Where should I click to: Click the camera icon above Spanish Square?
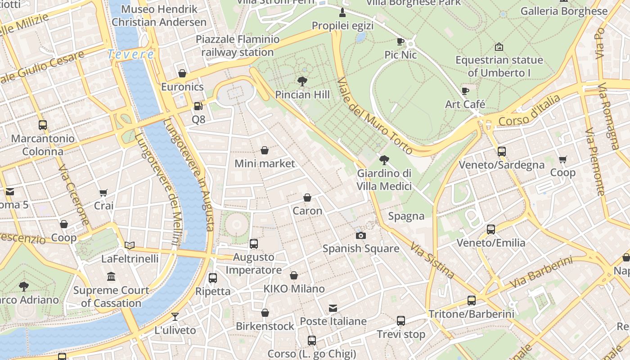360,235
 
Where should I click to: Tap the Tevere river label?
131,55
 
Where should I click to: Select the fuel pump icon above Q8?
198,106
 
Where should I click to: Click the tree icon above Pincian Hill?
302,81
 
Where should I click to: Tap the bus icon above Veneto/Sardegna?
502,152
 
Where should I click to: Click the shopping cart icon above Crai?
103,193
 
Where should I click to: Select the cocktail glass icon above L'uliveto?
175,317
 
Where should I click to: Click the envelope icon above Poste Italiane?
333,308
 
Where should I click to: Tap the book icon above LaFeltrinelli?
130,245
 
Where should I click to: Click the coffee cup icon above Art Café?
465,91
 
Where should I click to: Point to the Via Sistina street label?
432,260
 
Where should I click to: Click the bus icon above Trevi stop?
401,321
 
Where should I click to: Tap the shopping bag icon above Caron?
307,198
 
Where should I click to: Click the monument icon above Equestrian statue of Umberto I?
499,47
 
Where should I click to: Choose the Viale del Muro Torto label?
374,116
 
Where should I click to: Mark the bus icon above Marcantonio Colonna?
43,125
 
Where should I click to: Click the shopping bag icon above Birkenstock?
265,313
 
